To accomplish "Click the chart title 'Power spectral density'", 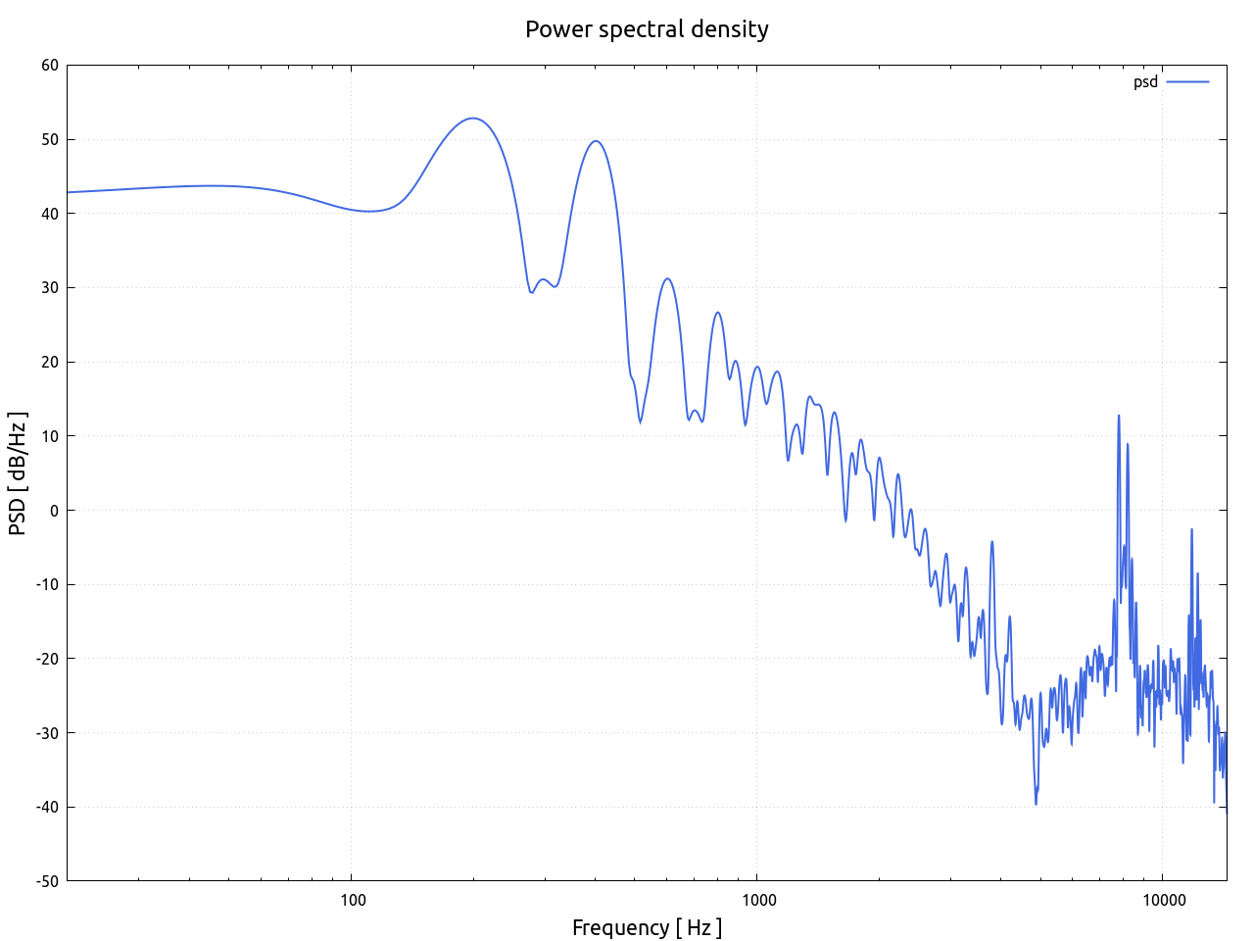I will point(647,29).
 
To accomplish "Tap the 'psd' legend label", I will point(1145,82).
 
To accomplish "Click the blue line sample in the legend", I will point(1187,82).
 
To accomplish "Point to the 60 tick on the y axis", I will point(49,66).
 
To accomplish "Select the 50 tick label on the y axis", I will point(49,140).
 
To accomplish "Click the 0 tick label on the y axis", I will point(54,511).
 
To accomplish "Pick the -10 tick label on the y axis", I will point(47,585).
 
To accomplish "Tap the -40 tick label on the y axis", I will point(47,808).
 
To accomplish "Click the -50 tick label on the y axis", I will point(47,881).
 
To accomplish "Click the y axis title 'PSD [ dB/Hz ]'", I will point(18,473).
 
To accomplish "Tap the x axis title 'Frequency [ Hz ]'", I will point(647,927).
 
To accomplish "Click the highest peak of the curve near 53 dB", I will point(473,119).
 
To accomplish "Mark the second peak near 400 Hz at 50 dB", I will point(595,141).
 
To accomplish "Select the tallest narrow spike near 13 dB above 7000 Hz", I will point(1118,416).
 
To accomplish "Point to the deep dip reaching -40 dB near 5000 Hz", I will point(1036,804).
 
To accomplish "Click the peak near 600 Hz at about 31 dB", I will point(667,279).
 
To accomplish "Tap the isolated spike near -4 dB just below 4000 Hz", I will point(992,541).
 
